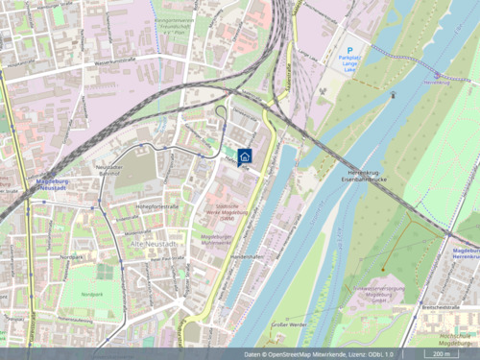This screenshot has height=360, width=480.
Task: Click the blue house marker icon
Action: point(245,156)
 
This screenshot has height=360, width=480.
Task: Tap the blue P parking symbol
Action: point(350,50)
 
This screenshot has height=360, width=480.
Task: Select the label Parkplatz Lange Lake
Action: point(349,64)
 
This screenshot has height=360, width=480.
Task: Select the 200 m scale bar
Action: point(441,353)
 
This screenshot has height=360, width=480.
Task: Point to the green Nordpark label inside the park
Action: point(92,294)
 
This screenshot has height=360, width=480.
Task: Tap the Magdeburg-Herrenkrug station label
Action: point(465,252)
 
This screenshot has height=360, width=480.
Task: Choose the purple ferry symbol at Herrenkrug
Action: point(438,74)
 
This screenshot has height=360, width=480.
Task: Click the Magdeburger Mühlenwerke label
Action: point(218,237)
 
